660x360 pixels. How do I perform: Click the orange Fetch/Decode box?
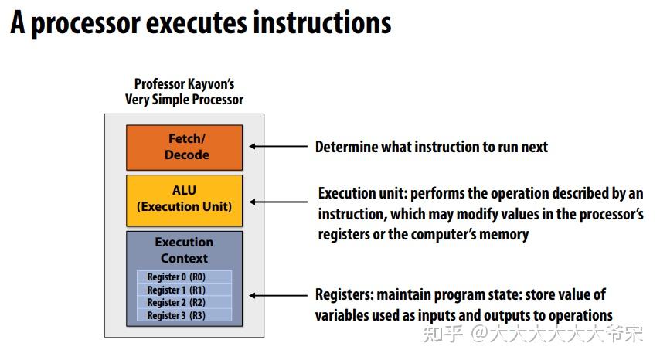185,148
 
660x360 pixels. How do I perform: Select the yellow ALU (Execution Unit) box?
185,201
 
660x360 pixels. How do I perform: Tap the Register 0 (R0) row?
185,277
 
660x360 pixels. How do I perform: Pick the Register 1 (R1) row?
185,290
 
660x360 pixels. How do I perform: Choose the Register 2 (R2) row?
185,302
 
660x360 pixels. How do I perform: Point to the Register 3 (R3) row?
185,315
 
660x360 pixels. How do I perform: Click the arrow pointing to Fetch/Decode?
278,146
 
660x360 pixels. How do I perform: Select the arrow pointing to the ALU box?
278,202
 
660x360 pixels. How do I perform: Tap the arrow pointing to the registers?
278,296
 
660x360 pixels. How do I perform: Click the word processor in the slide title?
86,23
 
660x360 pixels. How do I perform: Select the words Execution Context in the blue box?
185,250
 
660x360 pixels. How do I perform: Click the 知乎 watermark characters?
443,334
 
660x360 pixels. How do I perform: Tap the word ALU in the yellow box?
184,190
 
